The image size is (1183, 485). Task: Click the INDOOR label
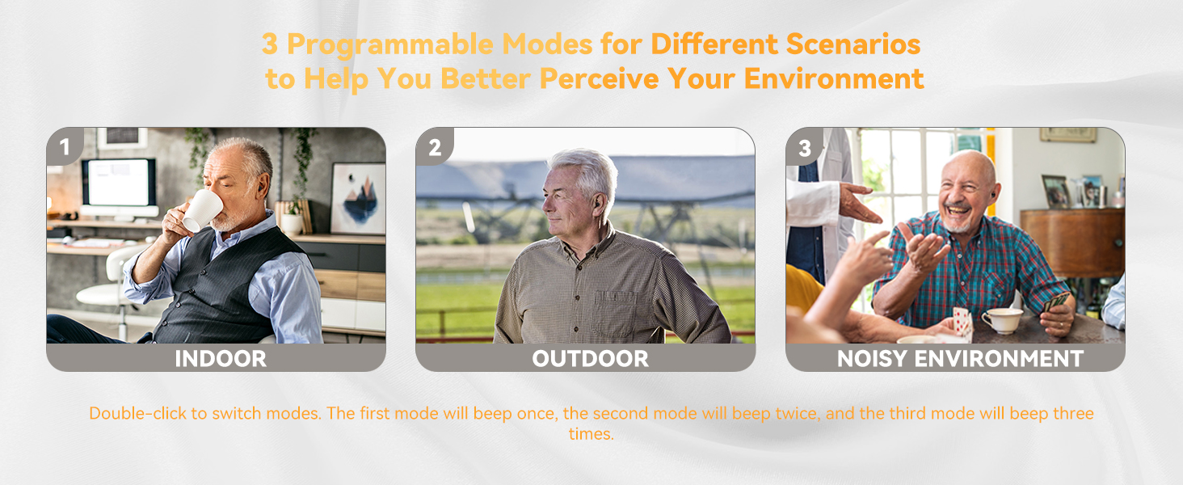(221, 359)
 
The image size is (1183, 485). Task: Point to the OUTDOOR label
(590, 359)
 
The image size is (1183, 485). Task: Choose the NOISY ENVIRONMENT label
(960, 359)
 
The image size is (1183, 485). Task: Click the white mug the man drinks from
(201, 210)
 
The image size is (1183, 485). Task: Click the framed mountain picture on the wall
(357, 198)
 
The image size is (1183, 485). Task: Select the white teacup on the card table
(1002, 320)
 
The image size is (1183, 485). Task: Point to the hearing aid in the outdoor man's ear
(596, 200)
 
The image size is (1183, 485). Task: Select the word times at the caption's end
(591, 434)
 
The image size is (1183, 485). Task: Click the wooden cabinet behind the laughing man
(1071, 242)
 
